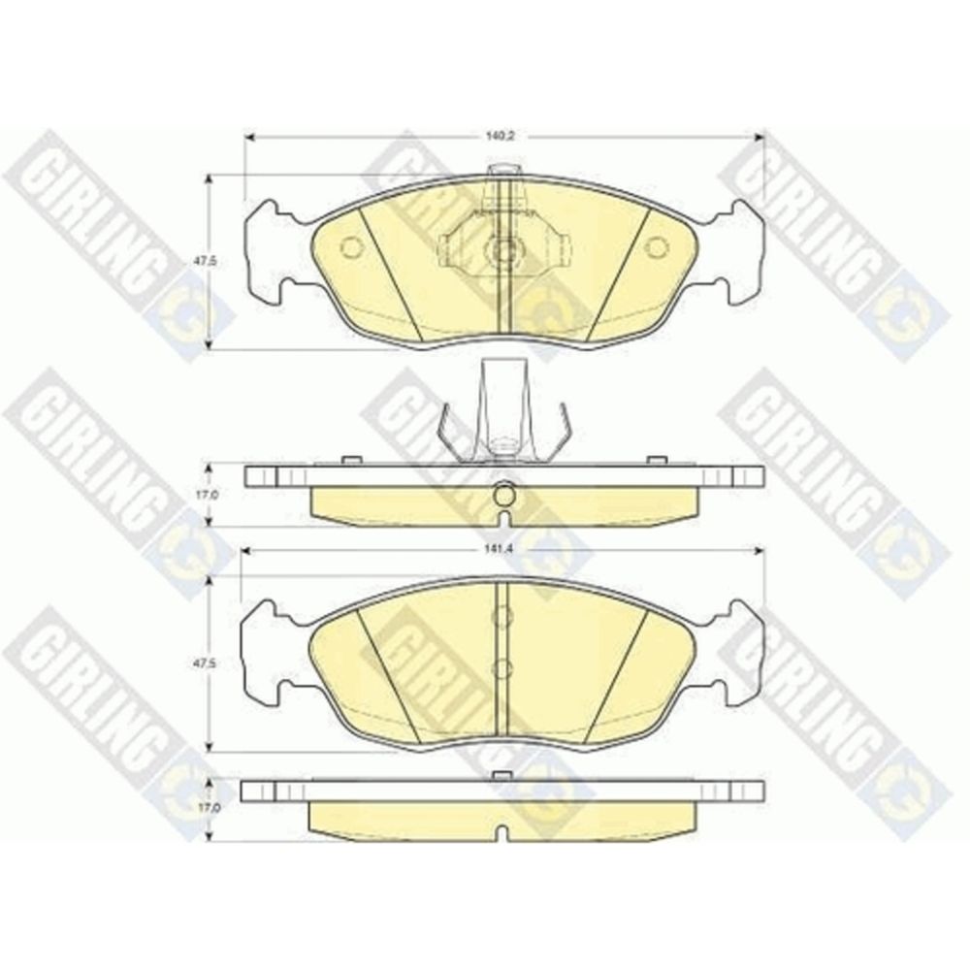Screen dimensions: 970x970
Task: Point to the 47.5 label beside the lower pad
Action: click(x=196, y=663)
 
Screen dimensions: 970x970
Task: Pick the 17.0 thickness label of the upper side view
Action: click(x=196, y=495)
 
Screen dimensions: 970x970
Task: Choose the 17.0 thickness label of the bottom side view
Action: click(x=196, y=808)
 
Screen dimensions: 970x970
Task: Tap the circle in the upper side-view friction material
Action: click(x=504, y=495)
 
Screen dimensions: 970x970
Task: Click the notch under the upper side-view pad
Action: click(x=504, y=520)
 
